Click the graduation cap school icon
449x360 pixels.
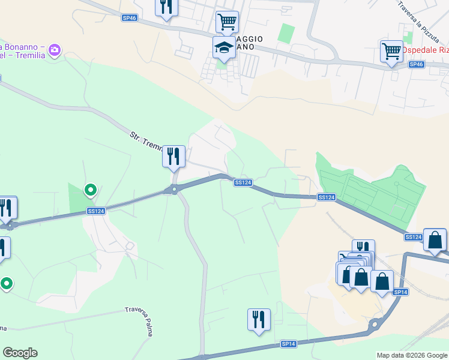(224, 47)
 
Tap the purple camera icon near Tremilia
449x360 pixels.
(55, 50)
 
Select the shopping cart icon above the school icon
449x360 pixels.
(227, 22)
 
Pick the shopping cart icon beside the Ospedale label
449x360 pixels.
(391, 51)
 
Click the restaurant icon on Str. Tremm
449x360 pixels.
(173, 156)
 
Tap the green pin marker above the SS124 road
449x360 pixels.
(91, 190)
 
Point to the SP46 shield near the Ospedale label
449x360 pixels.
(416, 64)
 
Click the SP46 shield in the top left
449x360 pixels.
(130, 18)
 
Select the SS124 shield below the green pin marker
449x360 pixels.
(96, 211)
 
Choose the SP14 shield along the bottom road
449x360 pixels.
(289, 344)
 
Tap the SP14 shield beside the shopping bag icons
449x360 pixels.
(400, 292)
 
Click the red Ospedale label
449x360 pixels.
(427, 49)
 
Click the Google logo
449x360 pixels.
(20, 353)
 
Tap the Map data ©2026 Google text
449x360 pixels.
(412, 355)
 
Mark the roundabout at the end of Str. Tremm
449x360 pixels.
(175, 190)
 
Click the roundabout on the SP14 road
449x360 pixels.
(377, 325)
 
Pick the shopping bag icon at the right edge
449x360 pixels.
(435, 239)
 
